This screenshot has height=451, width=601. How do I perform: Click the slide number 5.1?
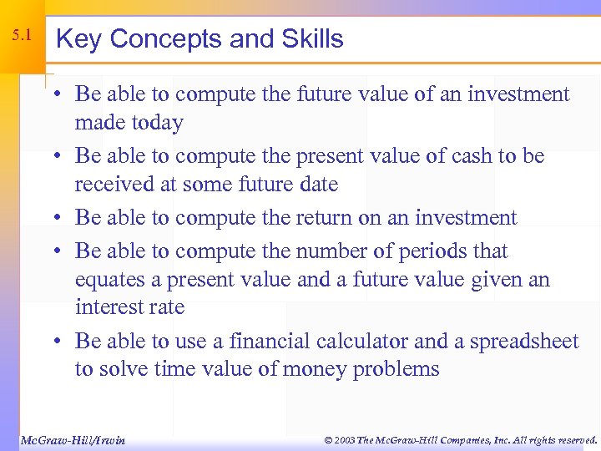click(x=22, y=36)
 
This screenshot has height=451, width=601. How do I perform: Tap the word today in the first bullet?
click(x=155, y=124)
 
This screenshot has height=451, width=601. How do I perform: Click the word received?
click(x=111, y=185)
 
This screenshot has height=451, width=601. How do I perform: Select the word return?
click(x=324, y=218)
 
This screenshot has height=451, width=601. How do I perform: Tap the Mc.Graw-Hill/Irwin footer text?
click(x=72, y=440)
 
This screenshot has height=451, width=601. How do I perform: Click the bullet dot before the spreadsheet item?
click(x=63, y=342)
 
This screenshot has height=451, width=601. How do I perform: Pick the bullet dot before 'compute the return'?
click(x=63, y=218)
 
